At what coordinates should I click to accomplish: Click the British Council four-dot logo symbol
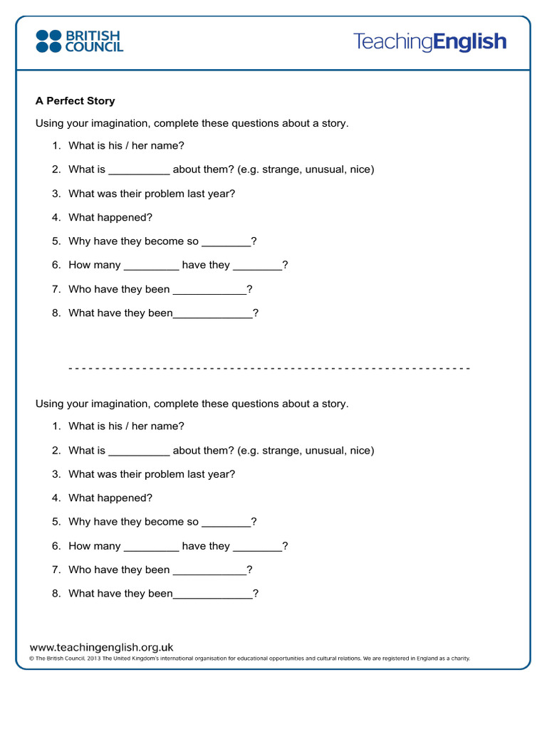(x=49, y=41)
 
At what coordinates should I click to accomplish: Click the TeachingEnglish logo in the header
(x=429, y=42)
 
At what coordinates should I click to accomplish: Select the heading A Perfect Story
(x=75, y=101)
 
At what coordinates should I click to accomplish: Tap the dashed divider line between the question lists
(x=269, y=368)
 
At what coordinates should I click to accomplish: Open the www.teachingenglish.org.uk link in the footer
(x=101, y=647)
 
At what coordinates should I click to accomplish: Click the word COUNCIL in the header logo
(x=94, y=48)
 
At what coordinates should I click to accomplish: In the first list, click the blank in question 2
(x=139, y=171)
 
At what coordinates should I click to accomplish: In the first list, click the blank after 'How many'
(x=151, y=266)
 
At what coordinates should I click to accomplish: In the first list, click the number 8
(x=56, y=313)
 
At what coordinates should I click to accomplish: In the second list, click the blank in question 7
(x=209, y=571)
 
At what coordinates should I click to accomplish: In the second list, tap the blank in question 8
(x=212, y=594)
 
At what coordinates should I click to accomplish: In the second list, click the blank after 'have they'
(x=257, y=547)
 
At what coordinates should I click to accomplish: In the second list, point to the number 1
(x=56, y=426)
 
